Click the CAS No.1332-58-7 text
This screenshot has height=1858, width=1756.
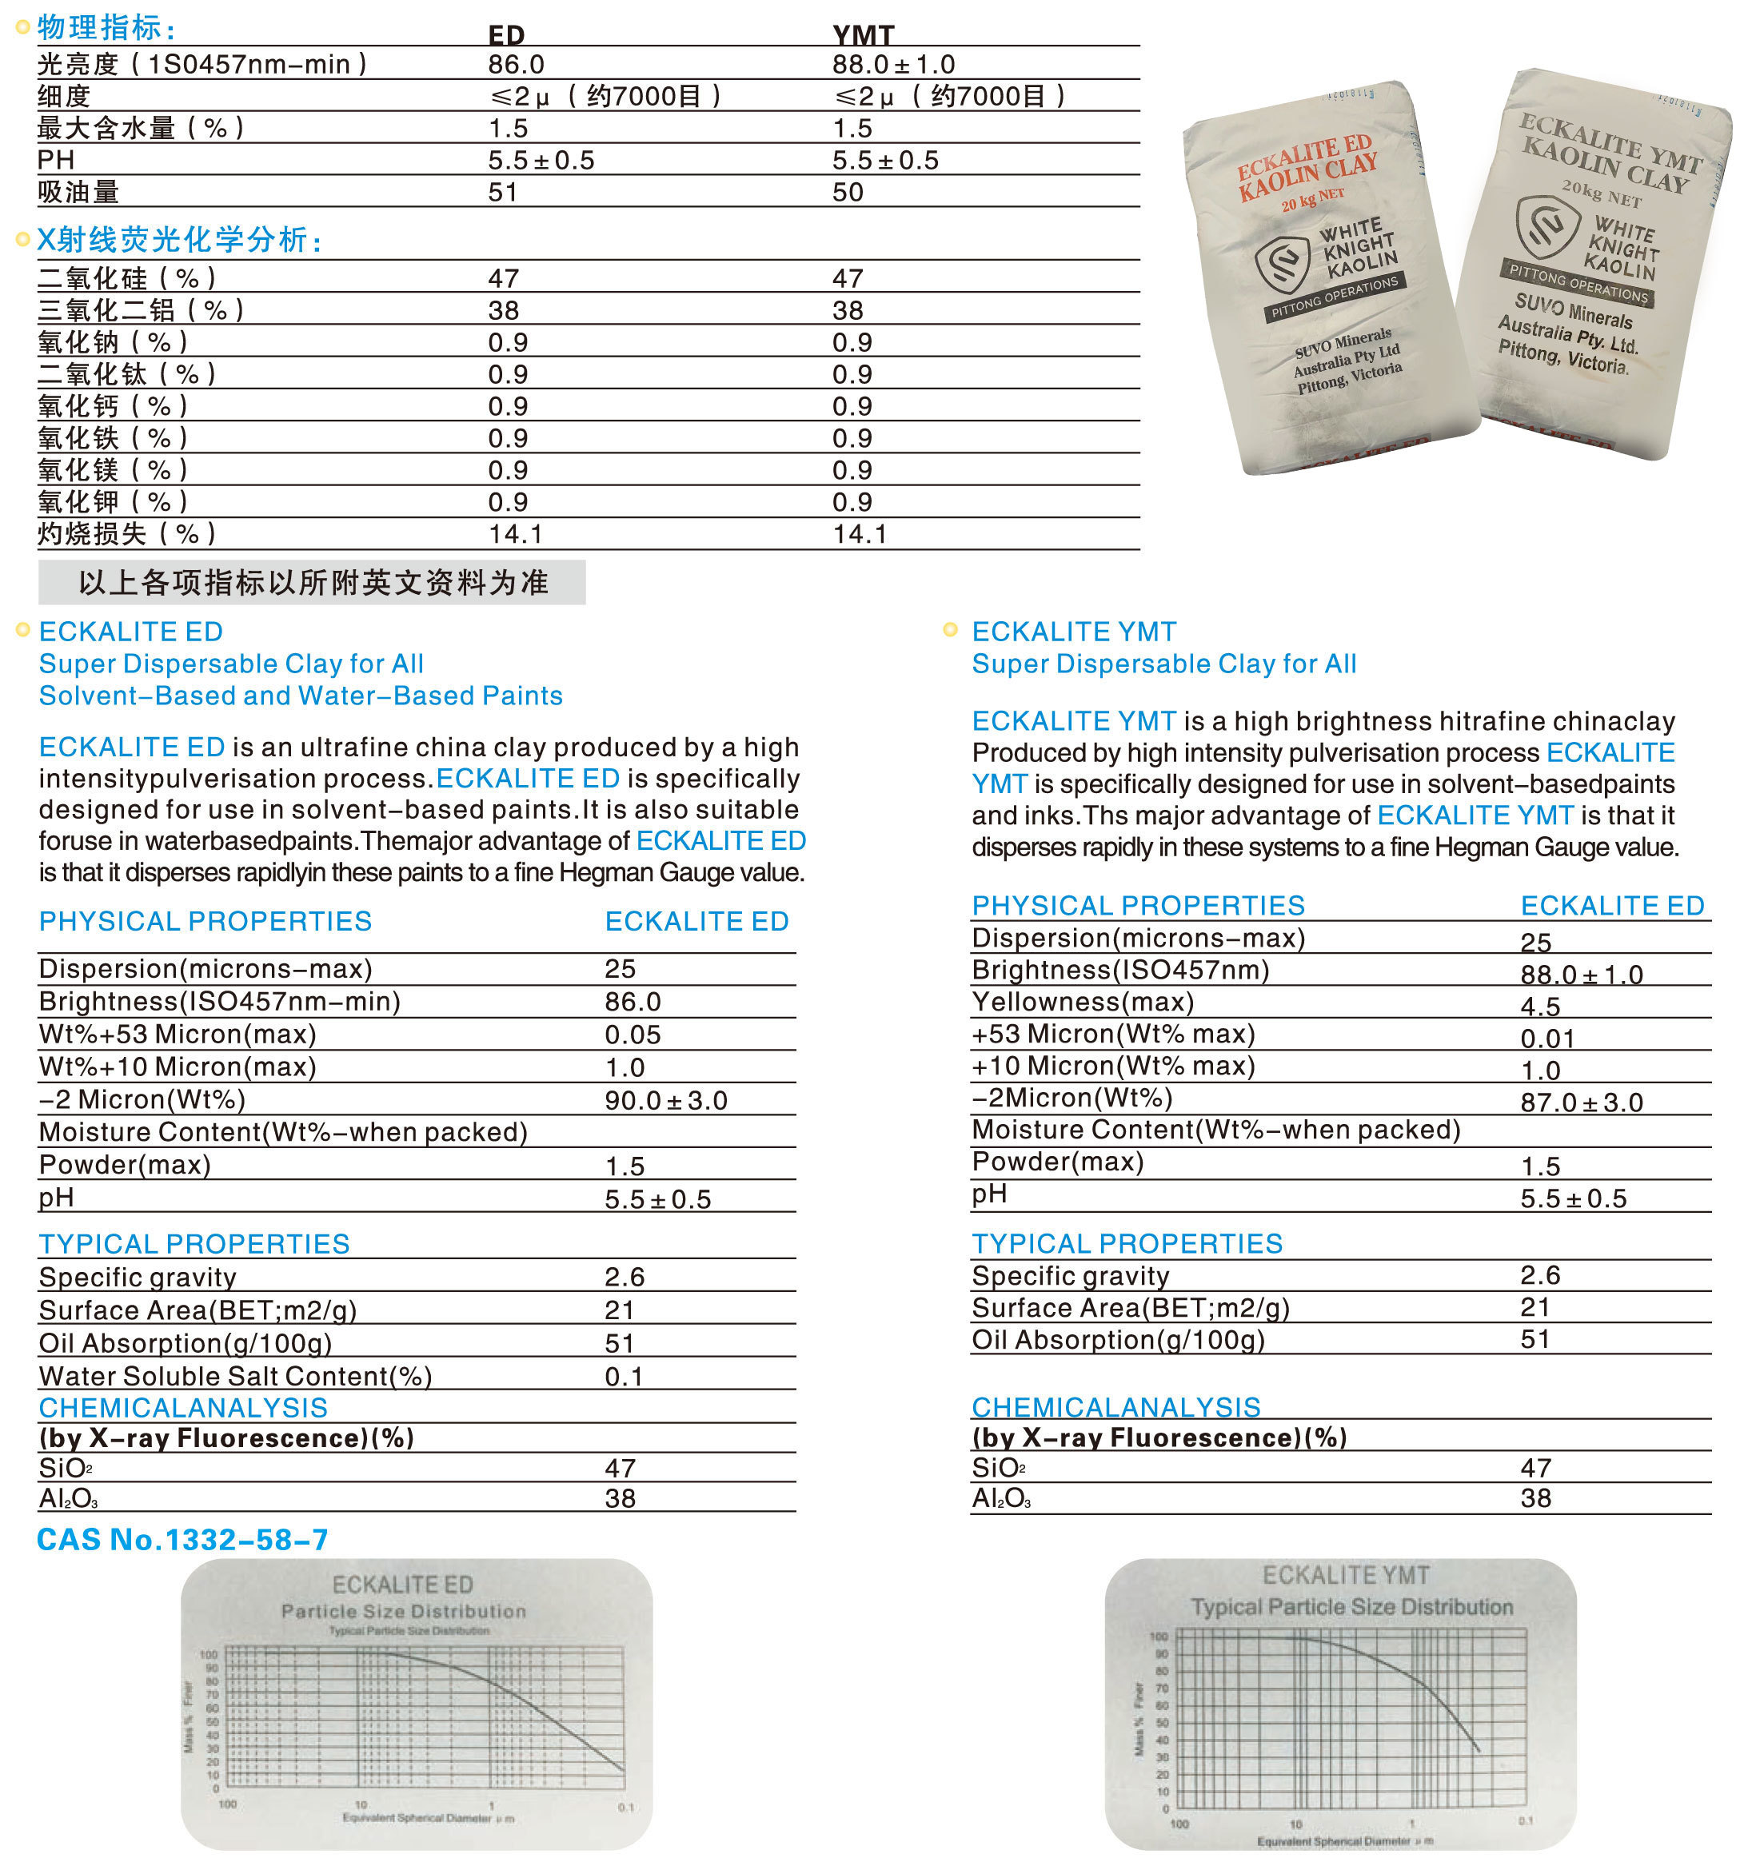(182, 1540)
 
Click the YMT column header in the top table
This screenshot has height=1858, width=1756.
(863, 34)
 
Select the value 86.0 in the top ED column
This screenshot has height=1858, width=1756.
(516, 65)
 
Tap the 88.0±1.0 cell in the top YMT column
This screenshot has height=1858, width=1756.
(893, 65)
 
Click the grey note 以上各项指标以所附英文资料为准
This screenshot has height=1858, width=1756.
(313, 582)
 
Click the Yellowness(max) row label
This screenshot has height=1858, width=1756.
(1083, 1003)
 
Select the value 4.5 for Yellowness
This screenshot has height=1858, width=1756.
(1540, 1007)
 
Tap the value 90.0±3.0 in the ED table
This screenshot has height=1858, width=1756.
(665, 1100)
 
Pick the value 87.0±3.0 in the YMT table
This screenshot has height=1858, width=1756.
(1581, 1102)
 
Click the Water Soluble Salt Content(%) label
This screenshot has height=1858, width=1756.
(235, 1376)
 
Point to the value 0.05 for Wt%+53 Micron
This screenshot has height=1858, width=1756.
(633, 1035)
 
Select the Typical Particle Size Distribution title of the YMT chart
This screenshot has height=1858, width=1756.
(1351, 1607)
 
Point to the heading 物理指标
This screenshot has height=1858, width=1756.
(105, 27)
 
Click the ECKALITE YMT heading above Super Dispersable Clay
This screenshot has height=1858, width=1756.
(1074, 632)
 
